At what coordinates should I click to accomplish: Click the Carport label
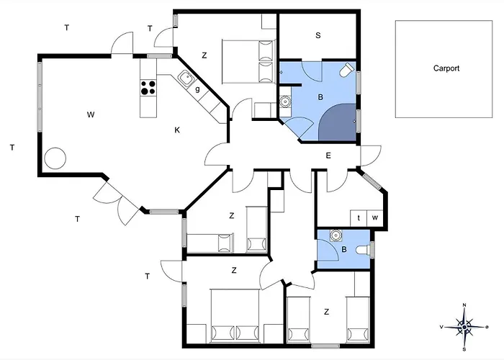[x=446, y=68]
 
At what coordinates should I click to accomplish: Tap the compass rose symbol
[x=464, y=327]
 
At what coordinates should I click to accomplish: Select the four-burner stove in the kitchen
[x=148, y=88]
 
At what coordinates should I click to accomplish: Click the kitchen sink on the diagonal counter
[x=186, y=78]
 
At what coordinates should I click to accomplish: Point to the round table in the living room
[x=55, y=158]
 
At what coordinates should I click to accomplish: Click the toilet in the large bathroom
[x=346, y=70]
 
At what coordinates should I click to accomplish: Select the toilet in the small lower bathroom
[x=363, y=249]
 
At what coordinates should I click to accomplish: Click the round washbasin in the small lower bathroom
[x=336, y=235]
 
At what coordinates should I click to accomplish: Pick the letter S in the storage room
[x=318, y=35]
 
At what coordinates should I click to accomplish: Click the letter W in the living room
[x=91, y=114]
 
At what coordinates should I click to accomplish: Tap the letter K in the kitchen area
[x=177, y=130]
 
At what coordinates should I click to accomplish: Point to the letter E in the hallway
[x=328, y=156]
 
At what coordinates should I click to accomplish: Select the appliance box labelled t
[x=359, y=218]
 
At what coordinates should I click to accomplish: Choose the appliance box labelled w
[x=375, y=218]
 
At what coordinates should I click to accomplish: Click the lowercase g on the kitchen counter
[x=197, y=89]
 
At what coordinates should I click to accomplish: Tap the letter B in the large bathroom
[x=320, y=97]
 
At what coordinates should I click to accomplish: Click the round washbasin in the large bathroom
[x=285, y=102]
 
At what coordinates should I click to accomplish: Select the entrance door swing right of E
[x=371, y=156]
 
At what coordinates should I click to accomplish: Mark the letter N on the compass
[x=464, y=305]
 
